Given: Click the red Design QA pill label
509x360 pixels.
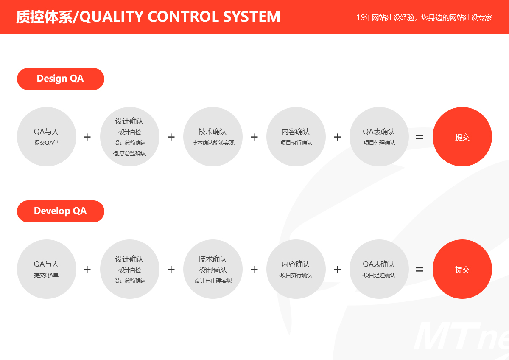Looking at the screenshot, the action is click(x=60, y=79).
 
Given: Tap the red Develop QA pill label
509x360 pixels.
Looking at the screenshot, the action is click(x=60, y=211).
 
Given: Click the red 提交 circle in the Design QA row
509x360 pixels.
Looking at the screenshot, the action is click(x=462, y=137).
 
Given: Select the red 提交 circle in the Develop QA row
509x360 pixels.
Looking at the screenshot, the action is click(x=462, y=269).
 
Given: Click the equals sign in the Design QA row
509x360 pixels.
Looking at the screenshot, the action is click(x=420, y=137).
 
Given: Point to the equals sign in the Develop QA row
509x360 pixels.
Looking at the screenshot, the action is click(x=420, y=270).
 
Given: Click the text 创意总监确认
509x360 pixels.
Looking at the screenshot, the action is click(x=130, y=153).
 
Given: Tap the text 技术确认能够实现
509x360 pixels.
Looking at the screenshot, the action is click(x=213, y=143).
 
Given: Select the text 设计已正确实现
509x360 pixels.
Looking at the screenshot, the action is click(x=213, y=281).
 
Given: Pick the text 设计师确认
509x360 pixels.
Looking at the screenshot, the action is click(x=213, y=270).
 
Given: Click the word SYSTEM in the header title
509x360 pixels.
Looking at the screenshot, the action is click(x=252, y=17).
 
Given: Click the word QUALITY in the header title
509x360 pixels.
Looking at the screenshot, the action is click(x=112, y=17).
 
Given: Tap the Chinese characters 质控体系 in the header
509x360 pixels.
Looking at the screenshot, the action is click(x=44, y=17).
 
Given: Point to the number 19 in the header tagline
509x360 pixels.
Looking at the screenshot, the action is click(x=361, y=17).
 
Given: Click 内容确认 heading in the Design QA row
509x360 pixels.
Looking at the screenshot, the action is click(x=296, y=132).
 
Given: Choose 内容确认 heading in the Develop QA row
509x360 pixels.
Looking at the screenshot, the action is click(x=296, y=264).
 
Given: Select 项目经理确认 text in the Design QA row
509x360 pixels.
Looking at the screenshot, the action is click(x=379, y=143).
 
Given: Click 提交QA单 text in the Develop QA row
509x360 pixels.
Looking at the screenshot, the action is click(x=46, y=275).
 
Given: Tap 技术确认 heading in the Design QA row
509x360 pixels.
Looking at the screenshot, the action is click(x=213, y=132).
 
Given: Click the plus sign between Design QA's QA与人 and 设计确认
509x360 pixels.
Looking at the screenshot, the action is click(x=87, y=137).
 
